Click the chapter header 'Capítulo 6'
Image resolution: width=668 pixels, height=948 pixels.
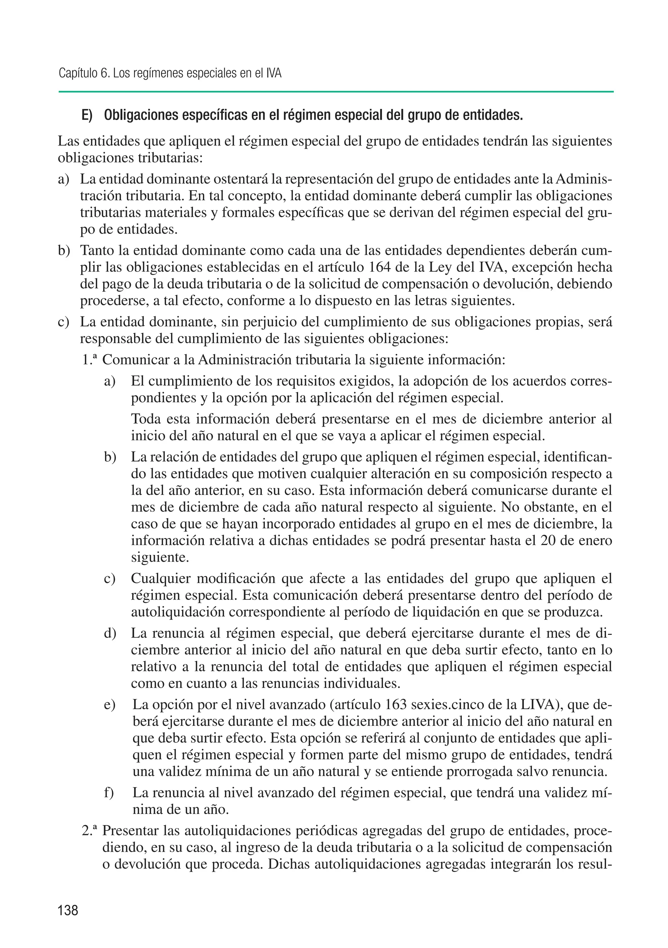click(84, 73)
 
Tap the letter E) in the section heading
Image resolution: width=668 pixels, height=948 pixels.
click(87, 115)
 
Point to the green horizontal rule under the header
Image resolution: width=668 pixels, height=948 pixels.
click(335, 92)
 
